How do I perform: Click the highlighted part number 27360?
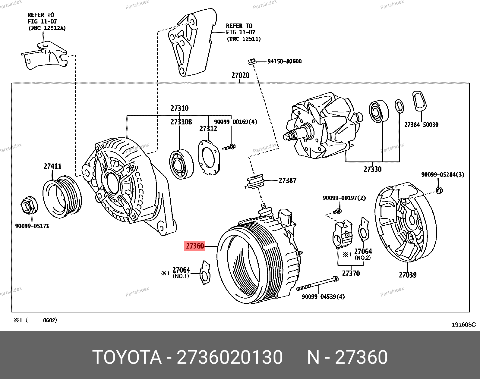pyautogui.click(x=195, y=246)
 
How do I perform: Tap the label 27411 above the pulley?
pyautogui.click(x=52, y=166)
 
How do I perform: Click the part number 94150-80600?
pyautogui.click(x=284, y=61)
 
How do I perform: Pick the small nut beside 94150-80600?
pyautogui.click(x=252, y=61)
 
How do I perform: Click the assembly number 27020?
pyautogui.click(x=240, y=75)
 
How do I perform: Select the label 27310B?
pyautogui.click(x=181, y=122)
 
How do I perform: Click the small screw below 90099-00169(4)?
pyautogui.click(x=229, y=147)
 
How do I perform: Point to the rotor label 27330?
pyautogui.click(x=372, y=169)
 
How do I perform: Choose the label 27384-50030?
pyautogui.click(x=421, y=125)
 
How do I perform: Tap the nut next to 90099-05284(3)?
pyautogui.click(x=439, y=190)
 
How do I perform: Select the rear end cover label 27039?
pyautogui.click(x=408, y=275)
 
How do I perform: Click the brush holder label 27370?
pyautogui.click(x=351, y=273)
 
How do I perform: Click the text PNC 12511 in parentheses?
pyautogui.click(x=244, y=39)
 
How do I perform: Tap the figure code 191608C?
pyautogui.click(x=463, y=324)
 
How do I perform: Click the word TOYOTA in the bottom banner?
pyautogui.click(x=127, y=357)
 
